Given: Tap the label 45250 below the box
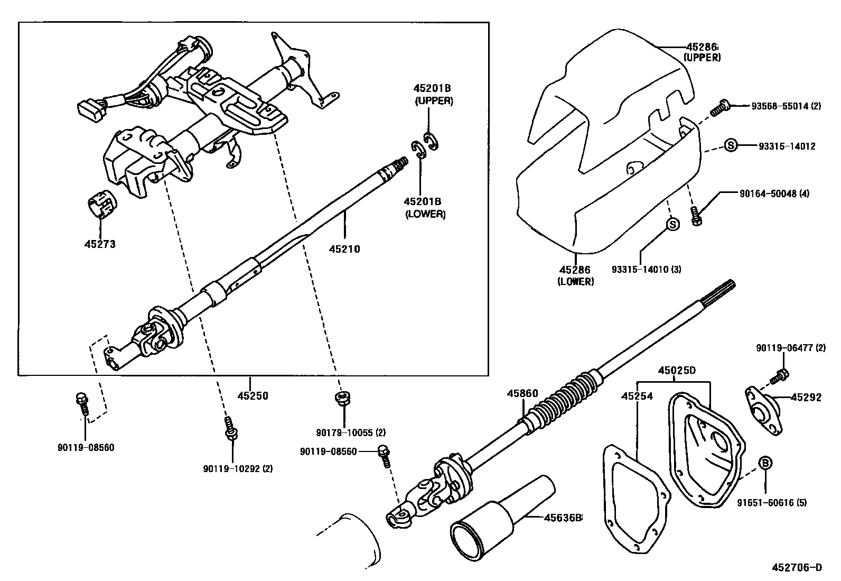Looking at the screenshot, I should point(253,395).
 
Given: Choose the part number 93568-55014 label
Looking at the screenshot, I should point(786,106).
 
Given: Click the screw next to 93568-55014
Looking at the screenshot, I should point(719,108).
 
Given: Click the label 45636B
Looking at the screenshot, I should point(562,517).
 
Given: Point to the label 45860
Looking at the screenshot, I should point(522,393).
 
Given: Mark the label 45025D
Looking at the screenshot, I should point(677,371).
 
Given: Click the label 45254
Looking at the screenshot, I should point(637,395).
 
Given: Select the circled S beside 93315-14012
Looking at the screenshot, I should point(730,145).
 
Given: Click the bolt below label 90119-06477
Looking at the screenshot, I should point(780,376).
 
